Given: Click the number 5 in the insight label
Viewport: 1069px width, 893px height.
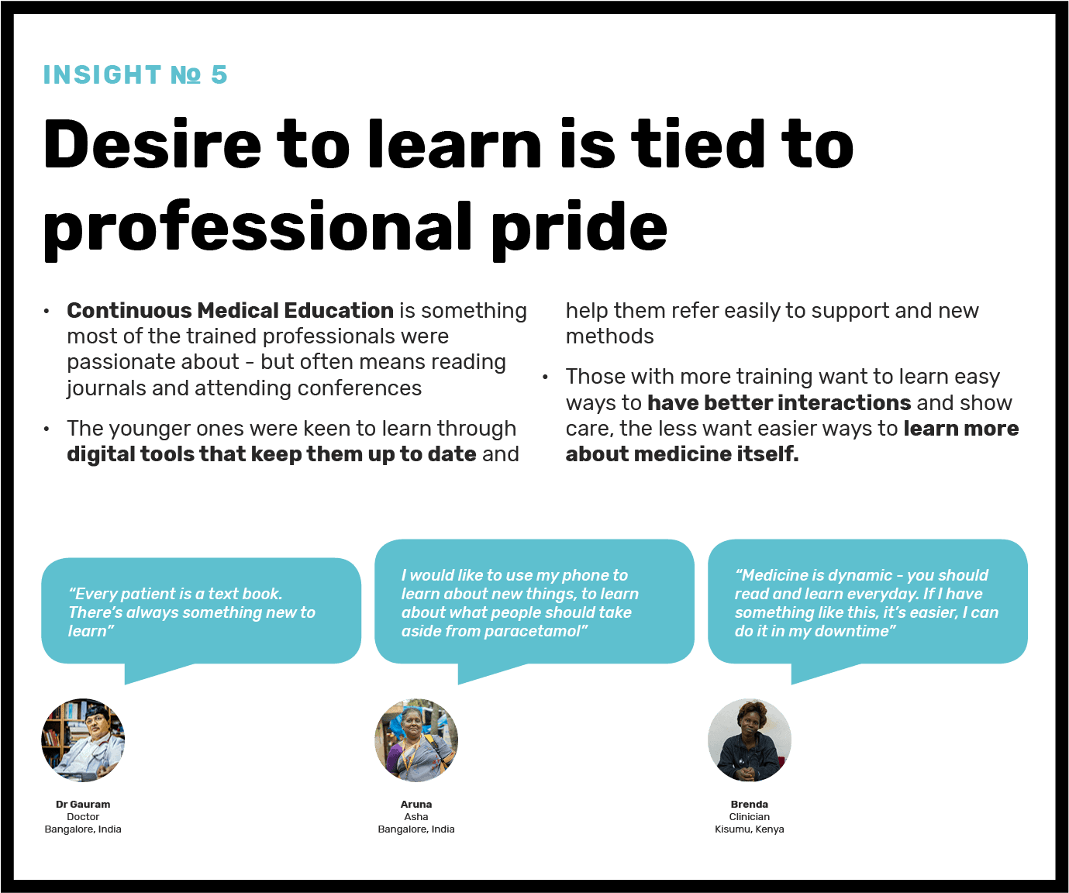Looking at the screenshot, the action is [219, 74].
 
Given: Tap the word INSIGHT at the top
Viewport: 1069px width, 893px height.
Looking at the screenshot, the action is [102, 74].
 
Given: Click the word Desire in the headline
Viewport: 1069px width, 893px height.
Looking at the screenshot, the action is [153, 144].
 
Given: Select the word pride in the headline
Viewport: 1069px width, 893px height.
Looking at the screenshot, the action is [579, 227].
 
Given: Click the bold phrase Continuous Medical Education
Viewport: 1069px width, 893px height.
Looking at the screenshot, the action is [230, 310].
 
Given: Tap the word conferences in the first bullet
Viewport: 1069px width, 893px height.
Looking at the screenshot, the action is [359, 388].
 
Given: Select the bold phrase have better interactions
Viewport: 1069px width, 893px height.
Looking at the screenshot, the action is [779, 402].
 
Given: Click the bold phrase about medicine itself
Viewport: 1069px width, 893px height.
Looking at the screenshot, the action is [682, 453].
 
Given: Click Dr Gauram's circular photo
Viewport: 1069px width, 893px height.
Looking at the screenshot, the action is [83, 740].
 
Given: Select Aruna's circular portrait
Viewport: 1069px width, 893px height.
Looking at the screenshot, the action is [416, 740].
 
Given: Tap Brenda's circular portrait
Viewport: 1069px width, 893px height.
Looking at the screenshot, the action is [750, 740].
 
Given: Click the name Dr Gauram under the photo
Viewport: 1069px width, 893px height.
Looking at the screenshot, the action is [83, 804].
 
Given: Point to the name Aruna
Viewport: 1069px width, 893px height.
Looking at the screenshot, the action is [416, 804].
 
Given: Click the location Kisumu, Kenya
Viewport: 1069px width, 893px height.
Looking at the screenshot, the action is [750, 829].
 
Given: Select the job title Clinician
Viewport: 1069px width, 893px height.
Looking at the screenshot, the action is [750, 817].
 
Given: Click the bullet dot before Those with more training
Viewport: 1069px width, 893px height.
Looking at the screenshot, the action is [545, 378].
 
